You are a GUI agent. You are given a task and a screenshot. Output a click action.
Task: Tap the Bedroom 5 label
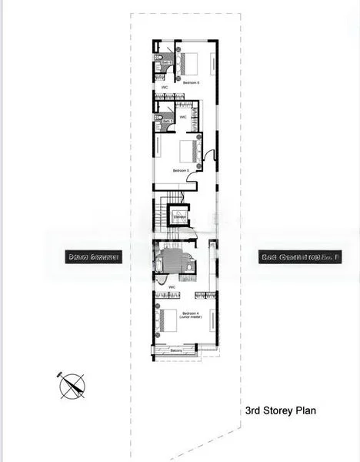(x=181, y=170)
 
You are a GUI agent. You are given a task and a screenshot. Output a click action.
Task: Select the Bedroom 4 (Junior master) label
(x=190, y=315)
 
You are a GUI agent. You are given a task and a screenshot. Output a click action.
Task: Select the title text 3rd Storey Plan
(x=281, y=410)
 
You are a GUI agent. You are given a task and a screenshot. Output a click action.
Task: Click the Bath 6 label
(x=165, y=62)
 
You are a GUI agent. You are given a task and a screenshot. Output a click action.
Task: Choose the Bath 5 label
(x=166, y=121)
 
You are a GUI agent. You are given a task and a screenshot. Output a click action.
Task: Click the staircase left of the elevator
(x=162, y=212)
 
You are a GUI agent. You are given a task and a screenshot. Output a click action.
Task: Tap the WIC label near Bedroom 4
(x=172, y=286)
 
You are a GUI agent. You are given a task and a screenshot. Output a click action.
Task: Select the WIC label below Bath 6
(x=165, y=88)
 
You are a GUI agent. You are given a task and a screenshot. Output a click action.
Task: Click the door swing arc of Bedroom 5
(x=211, y=164)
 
